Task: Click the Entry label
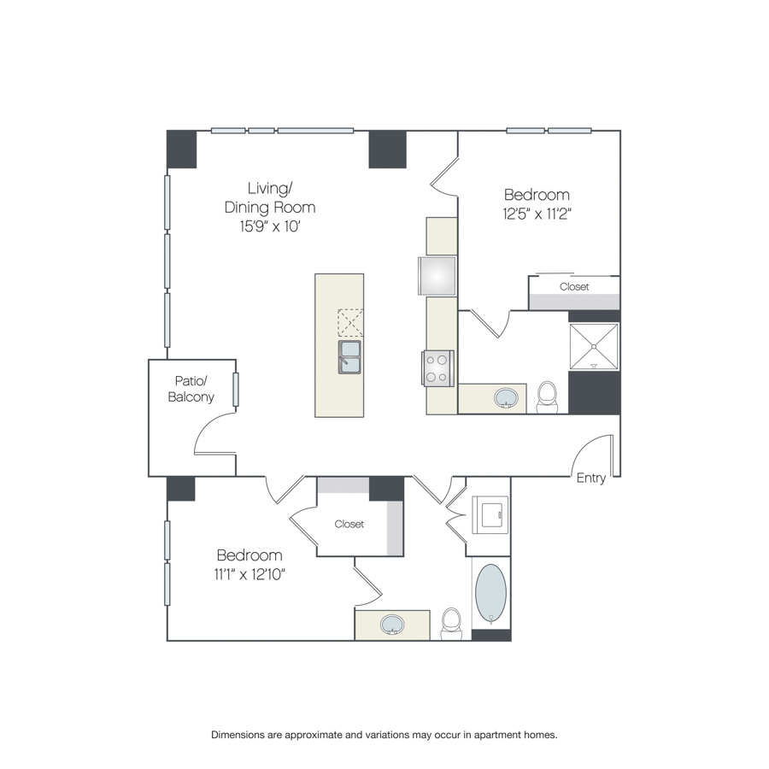tap(591, 478)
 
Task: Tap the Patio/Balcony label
tap(191, 389)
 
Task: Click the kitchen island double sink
tap(349, 357)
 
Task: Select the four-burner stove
tap(437, 368)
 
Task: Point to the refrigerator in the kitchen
tap(437, 276)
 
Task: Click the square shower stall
tap(594, 347)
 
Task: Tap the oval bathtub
tap(491, 594)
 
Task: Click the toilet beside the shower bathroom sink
tap(547, 397)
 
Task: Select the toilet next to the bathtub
tap(451, 624)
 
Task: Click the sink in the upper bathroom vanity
tap(506, 397)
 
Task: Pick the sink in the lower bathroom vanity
tap(392, 625)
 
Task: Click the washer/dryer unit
tap(490, 515)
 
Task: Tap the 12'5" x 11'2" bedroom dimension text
tap(537, 214)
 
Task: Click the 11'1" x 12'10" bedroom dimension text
tap(249, 574)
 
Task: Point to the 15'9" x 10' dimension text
tap(270, 226)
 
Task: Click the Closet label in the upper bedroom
tap(574, 286)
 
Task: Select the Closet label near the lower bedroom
tap(349, 525)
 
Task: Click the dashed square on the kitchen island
tap(350, 323)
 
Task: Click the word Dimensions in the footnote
tap(238, 735)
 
